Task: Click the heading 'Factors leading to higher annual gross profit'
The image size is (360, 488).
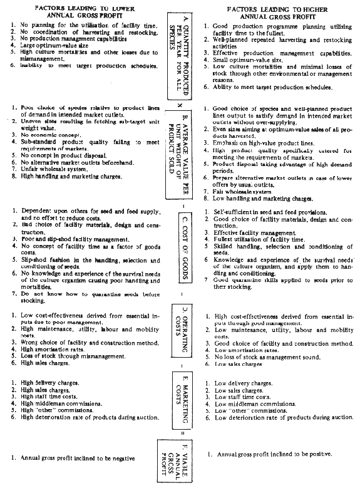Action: pos(278,12)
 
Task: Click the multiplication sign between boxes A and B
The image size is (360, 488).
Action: pos(179,105)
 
